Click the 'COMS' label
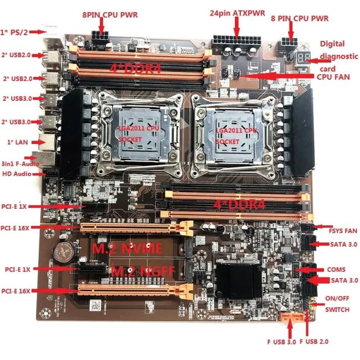pos(336,270)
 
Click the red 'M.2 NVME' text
pos(135,249)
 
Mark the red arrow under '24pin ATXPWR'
pos(239,29)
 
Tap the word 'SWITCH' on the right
pos(337,310)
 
